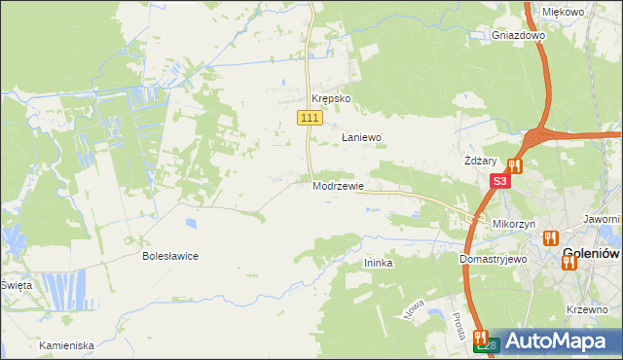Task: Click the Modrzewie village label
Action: coord(338,186)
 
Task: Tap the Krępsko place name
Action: coord(330,99)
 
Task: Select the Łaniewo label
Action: coord(360,138)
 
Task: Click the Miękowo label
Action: coord(563,12)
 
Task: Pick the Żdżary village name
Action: coord(481,162)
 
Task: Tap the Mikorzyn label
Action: coord(515,224)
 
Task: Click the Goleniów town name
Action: coord(592,255)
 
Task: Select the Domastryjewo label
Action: coord(493,260)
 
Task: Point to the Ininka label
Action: coord(378,264)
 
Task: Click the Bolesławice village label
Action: coord(170,257)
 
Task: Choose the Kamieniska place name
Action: coord(66,345)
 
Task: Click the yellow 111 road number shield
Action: coord(309,118)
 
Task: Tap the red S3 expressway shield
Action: coord(499,181)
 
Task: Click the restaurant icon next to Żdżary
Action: coord(514,166)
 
